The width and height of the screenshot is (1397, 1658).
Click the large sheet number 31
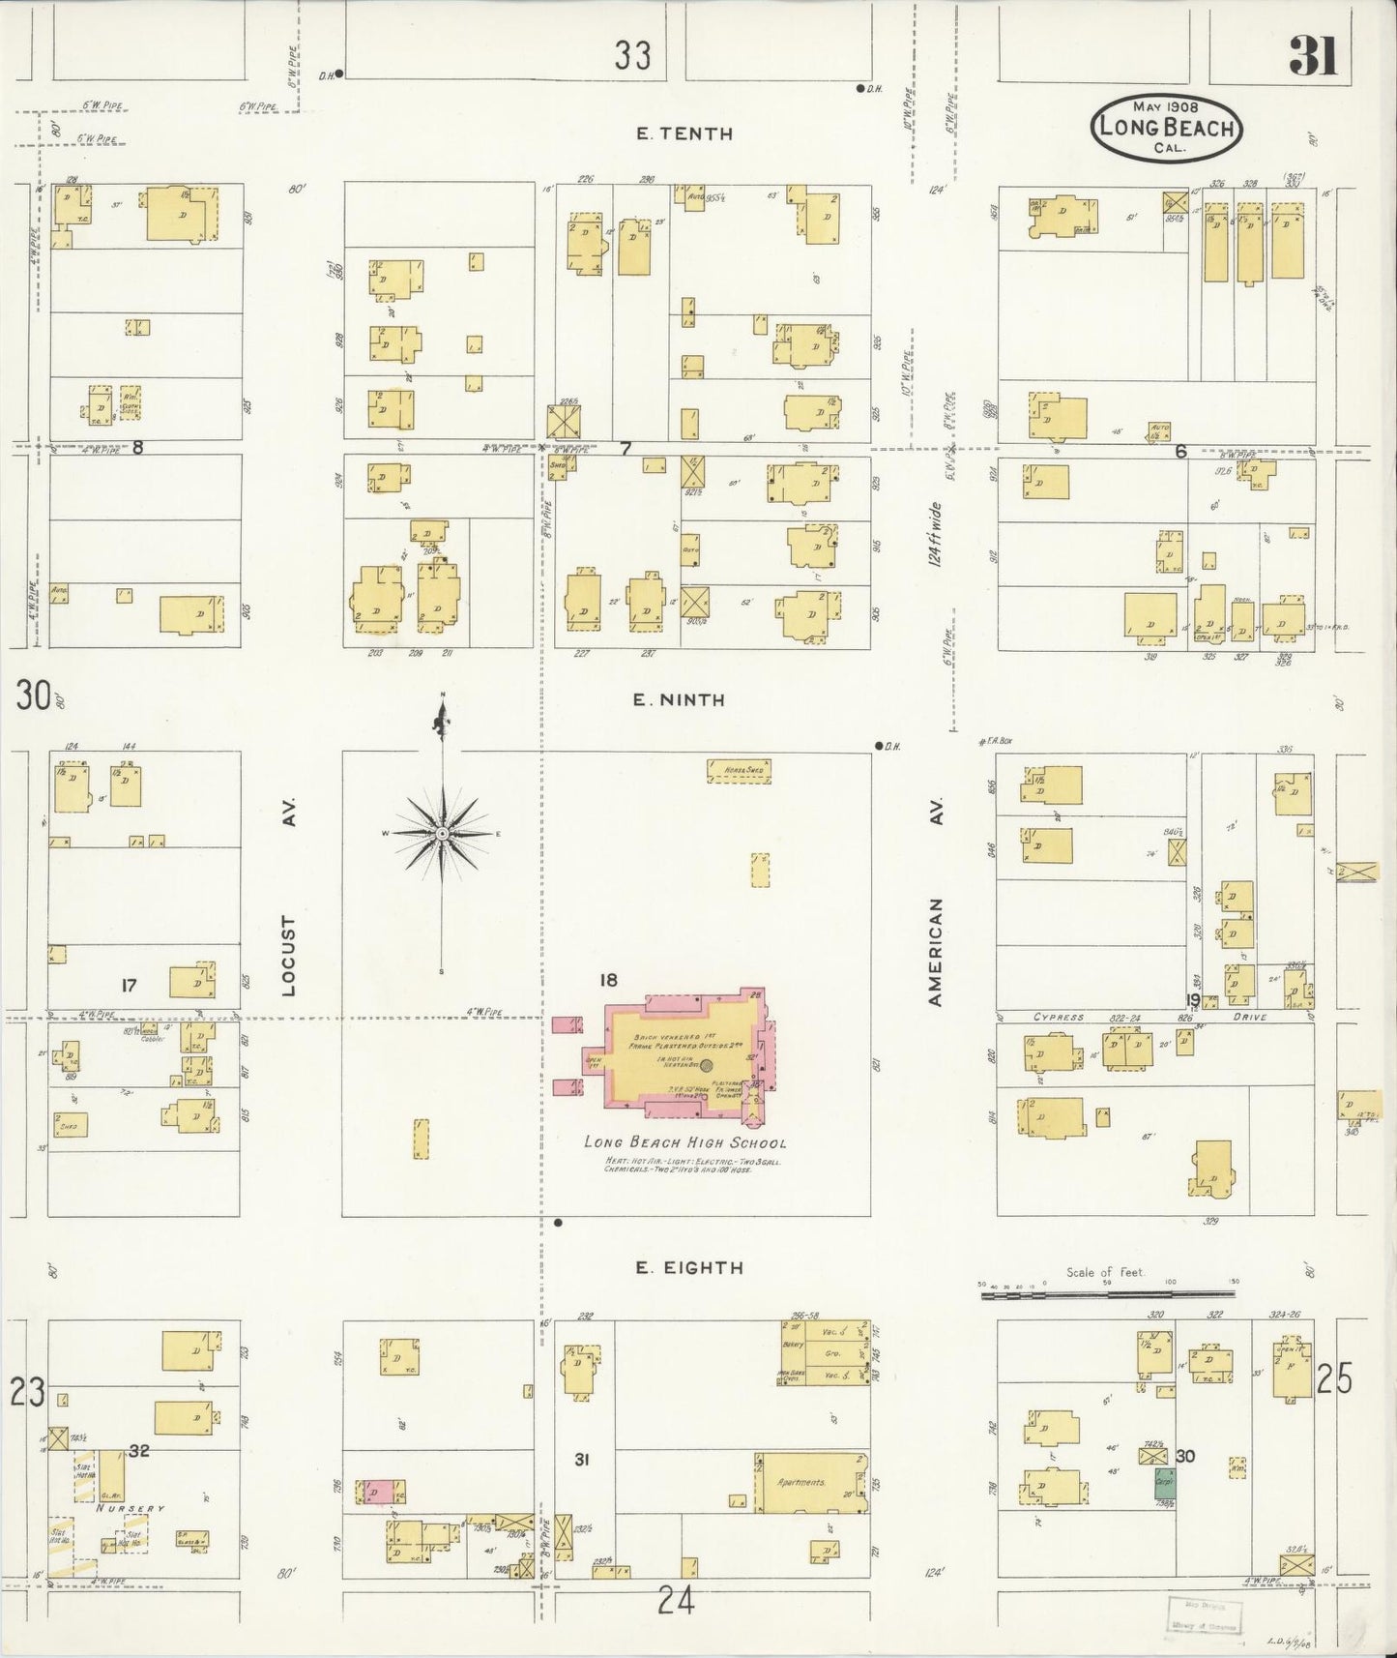click(x=1312, y=57)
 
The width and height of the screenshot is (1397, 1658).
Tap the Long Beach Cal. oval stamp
click(x=1167, y=128)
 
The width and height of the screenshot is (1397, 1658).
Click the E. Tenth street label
click(x=684, y=134)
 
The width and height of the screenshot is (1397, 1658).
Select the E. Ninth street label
click(x=679, y=699)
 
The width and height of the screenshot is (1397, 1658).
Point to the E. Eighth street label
click(x=689, y=1267)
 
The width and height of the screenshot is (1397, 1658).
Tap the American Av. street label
click(x=935, y=904)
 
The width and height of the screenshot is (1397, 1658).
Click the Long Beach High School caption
click(x=684, y=1142)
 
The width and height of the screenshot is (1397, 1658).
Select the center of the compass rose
click(x=442, y=834)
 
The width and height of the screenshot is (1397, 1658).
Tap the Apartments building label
click(x=801, y=1482)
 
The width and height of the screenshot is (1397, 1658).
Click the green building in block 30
click(x=1163, y=1484)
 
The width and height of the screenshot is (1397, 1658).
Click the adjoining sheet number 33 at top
click(x=632, y=57)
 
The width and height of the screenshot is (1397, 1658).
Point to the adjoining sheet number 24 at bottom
click(x=676, y=1603)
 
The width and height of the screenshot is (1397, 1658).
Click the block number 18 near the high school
click(x=607, y=980)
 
